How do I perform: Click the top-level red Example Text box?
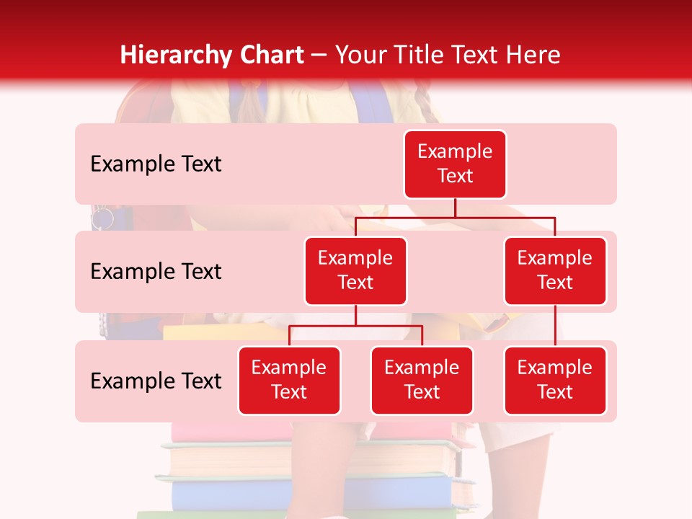click(x=455, y=164)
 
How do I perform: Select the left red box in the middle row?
click(x=355, y=270)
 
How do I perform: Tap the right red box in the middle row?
click(x=555, y=270)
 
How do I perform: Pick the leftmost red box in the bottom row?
click(x=289, y=380)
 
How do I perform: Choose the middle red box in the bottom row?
click(x=422, y=380)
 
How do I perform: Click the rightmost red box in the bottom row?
click(x=555, y=380)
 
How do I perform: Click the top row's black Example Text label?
click(x=156, y=164)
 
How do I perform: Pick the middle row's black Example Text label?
click(x=156, y=271)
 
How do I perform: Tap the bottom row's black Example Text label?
click(x=156, y=381)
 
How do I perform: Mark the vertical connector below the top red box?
click(x=455, y=208)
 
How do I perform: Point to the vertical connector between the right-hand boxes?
click(x=555, y=326)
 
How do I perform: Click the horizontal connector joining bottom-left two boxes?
click(x=355, y=326)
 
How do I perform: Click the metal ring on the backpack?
click(x=102, y=217)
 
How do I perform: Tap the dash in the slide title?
click(x=319, y=56)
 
